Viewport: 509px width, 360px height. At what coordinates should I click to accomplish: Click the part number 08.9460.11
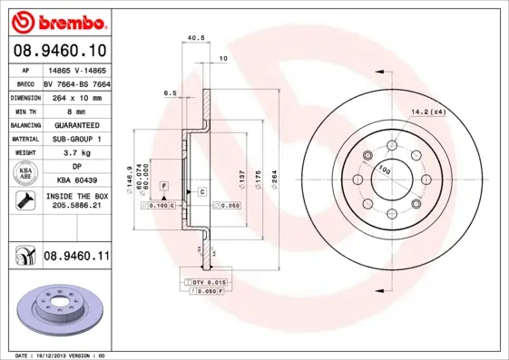click(76, 258)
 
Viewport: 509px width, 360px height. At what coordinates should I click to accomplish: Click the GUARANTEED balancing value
click(77, 124)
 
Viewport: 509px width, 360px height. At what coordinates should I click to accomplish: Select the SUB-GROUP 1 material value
click(77, 139)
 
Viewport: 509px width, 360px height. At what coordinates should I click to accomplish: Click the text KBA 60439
click(77, 180)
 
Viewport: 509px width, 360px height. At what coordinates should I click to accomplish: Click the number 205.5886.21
click(77, 207)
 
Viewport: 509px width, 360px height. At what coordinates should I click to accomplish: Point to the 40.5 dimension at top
click(192, 38)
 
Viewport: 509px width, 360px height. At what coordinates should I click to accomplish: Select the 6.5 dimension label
click(170, 92)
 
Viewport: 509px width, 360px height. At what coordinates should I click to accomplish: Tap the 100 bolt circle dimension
click(385, 170)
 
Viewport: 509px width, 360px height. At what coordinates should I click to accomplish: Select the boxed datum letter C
click(201, 192)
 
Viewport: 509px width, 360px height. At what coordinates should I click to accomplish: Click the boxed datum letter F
click(163, 186)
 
